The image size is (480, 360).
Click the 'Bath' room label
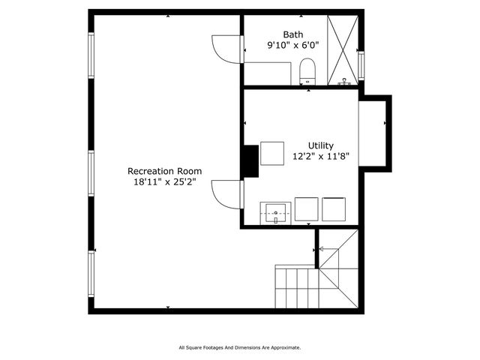pos(293,34)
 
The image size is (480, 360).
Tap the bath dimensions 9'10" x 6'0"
pos(293,45)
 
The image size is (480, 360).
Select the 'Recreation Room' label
pos(164,171)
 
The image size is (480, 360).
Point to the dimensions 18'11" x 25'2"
pos(164,181)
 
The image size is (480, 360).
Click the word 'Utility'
pos(321,145)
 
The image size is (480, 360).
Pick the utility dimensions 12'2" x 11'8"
pos(321,157)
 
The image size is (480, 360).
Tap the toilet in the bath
pos(307,72)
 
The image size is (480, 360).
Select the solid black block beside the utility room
pos(250,160)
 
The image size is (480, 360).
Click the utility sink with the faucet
pos(275,213)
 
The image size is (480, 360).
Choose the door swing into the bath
pos(226,49)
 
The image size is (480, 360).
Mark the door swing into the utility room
pos(226,193)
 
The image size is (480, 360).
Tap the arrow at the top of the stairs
pos(323,248)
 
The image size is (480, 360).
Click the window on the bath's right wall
pos(361,64)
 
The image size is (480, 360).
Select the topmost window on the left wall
pos(91,56)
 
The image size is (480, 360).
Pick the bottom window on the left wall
pos(91,273)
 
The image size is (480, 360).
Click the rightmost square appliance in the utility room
pos(334,209)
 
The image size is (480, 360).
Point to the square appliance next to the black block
pos(271,153)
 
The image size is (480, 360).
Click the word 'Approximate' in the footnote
pos(284,347)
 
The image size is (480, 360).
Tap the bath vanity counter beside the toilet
pos(268,73)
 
